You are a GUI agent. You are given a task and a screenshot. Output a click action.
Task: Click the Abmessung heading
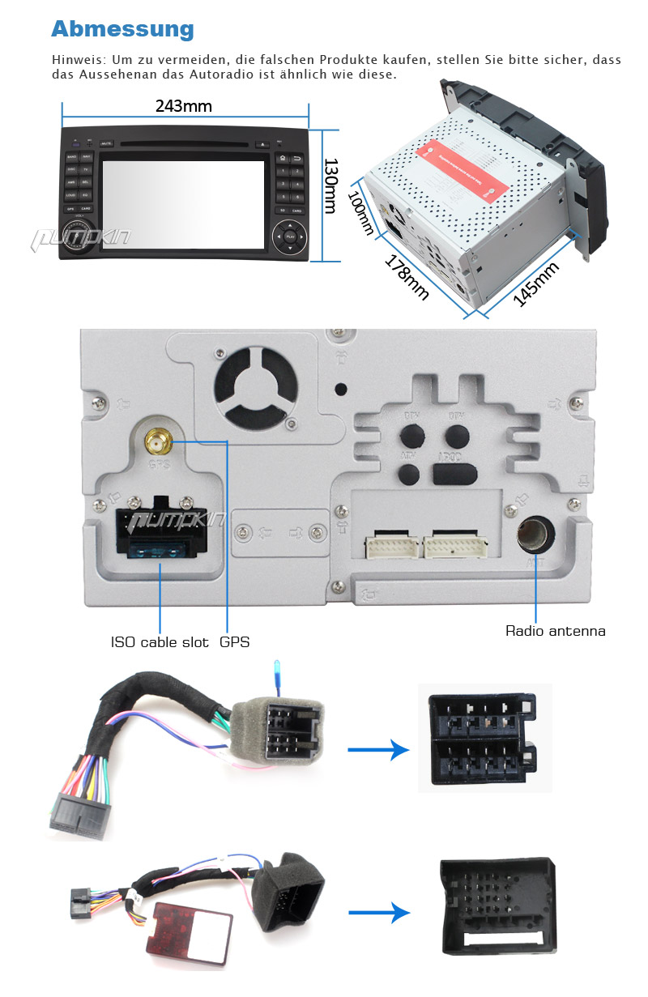(x=122, y=29)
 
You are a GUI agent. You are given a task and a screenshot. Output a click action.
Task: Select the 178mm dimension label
(x=406, y=278)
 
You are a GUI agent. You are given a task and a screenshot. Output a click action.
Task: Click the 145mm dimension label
(x=536, y=285)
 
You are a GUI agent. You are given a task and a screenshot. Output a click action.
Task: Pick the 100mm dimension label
(x=360, y=212)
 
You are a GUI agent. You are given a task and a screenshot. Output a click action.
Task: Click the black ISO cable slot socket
(x=160, y=531)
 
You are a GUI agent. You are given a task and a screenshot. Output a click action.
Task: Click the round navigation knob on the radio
(x=289, y=237)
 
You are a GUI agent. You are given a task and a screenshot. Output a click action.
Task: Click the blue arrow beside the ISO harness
(x=377, y=750)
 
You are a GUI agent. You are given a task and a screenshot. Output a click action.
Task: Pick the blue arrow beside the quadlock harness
(x=377, y=913)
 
